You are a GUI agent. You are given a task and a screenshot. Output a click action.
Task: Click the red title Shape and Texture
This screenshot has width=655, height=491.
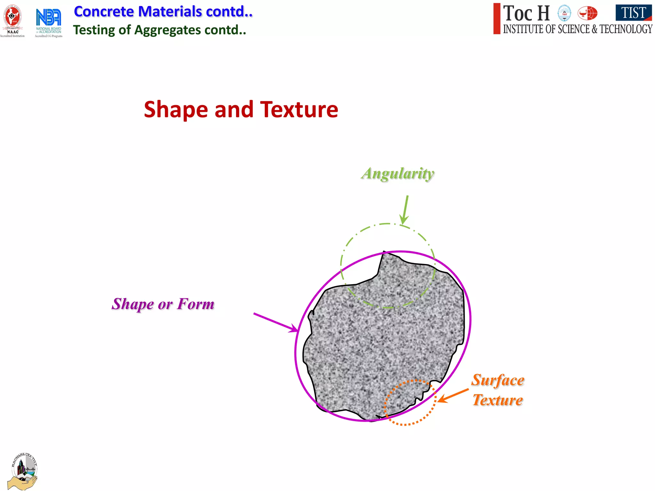pos(241,110)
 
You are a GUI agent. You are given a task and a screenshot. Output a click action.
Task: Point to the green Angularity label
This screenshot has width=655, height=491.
pos(398,174)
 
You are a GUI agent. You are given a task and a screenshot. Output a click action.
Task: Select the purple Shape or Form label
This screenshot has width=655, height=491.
pos(163,304)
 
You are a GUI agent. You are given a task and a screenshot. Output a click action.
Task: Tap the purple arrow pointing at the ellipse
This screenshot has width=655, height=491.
pos(275,322)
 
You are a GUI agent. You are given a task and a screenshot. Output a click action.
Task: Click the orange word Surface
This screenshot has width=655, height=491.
pos(498,380)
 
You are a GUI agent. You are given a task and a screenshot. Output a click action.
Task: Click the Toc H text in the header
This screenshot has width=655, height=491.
pos(526,13)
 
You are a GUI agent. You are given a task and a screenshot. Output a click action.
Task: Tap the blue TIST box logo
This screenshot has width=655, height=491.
pos(634,13)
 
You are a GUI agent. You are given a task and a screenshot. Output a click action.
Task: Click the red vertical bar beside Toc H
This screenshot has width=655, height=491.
pos(496,19)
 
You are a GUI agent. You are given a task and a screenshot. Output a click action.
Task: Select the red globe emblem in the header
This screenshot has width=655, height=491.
pos(587,13)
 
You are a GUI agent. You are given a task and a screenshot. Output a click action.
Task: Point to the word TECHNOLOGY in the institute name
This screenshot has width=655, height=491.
pos(626,29)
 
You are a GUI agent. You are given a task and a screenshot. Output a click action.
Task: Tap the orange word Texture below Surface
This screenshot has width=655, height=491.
pos(498,400)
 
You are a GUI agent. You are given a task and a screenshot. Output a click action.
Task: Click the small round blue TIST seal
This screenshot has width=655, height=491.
pos(564,13)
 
